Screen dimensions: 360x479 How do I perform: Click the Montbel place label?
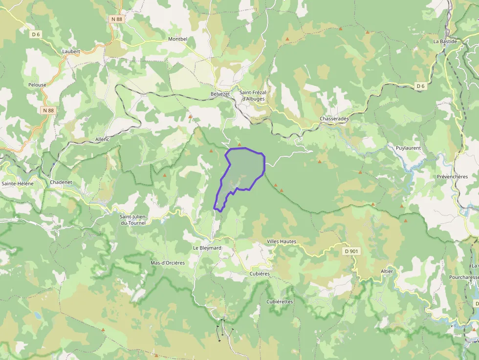pos(178,39)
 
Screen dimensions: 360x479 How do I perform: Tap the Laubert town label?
pos(71,51)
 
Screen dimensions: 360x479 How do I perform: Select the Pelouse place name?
pos(37,85)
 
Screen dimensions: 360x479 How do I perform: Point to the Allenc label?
pos(103,139)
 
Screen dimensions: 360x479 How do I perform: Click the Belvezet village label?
pos(220,94)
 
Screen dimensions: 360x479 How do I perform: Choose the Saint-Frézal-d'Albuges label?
pos(252,95)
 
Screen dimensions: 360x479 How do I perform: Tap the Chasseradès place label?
pos(334,119)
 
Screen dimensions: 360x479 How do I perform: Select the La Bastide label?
pos(445,42)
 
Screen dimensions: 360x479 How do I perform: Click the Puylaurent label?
pos(408,148)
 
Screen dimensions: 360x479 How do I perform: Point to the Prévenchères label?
pos(452,177)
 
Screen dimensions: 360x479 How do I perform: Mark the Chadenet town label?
pos(61,182)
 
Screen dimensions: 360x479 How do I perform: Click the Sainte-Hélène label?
pos(18,184)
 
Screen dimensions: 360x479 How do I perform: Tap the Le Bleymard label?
pos(207,248)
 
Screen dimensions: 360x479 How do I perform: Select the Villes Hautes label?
pos(282,241)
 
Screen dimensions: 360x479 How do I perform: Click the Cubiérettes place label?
pos(280,301)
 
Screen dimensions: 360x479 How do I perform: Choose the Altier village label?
pos(387,271)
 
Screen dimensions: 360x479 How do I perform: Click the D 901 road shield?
pos(351,251)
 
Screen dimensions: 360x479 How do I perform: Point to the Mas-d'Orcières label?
pos(168,263)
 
